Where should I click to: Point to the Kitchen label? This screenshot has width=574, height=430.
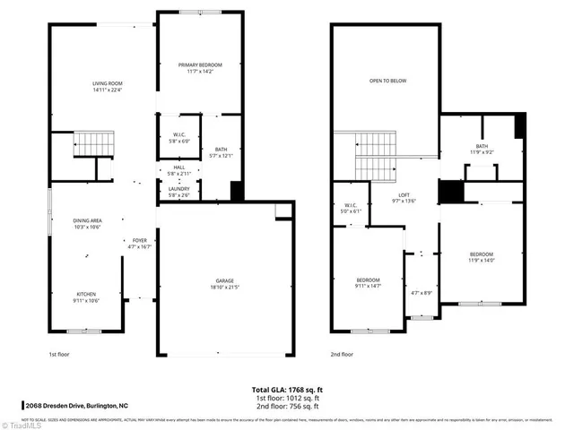86,297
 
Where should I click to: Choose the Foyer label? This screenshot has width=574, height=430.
139,244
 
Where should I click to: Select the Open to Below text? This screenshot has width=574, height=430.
387,81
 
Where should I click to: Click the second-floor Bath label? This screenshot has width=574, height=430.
482,150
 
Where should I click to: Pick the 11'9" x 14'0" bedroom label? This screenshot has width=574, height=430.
481,258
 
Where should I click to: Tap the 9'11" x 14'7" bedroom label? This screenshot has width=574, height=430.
369,283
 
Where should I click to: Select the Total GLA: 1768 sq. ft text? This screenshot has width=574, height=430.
286,389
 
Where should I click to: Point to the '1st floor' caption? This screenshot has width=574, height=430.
59,354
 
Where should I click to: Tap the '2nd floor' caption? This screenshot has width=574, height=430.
342,354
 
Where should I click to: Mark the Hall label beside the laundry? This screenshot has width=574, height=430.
178,168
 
